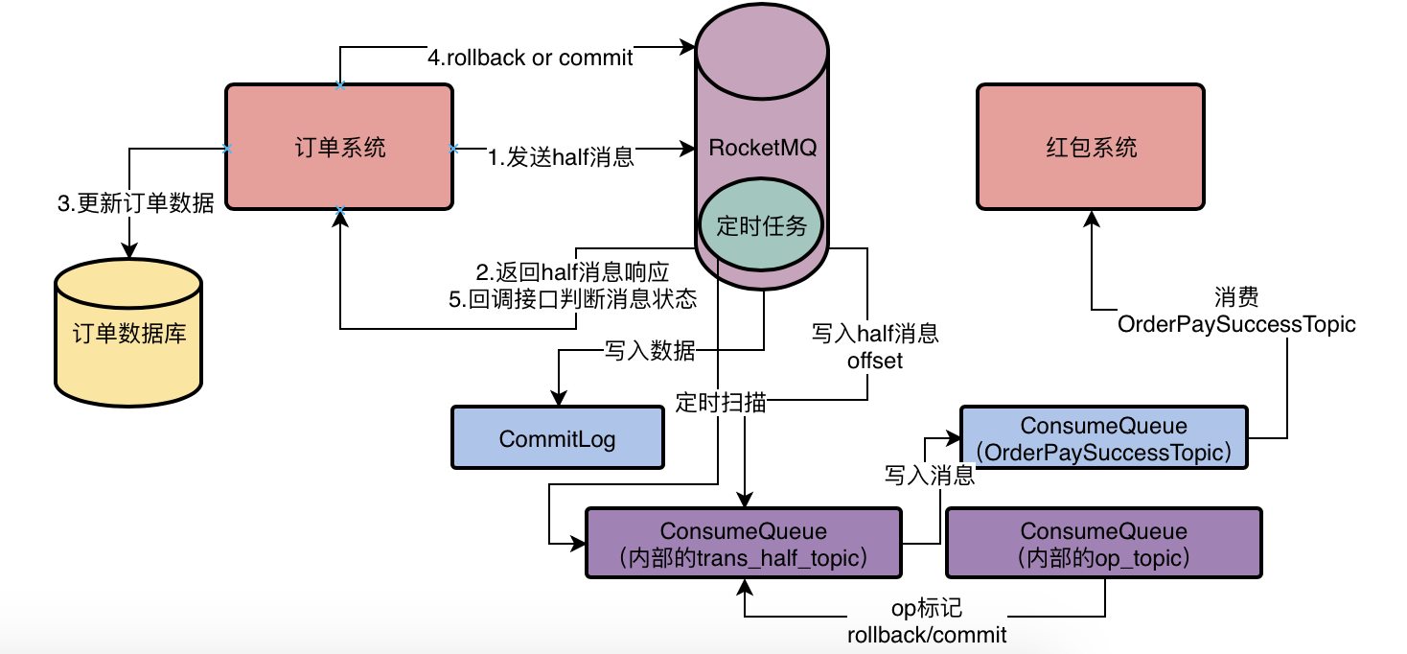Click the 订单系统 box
(338, 147)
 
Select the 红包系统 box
(1090, 147)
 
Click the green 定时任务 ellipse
(762, 226)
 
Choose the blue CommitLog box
(558, 438)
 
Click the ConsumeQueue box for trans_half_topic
(743, 544)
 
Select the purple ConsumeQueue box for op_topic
(1103, 544)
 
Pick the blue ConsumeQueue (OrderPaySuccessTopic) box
(1103, 437)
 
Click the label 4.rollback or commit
(530, 58)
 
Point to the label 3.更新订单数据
(135, 203)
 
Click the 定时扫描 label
(721, 402)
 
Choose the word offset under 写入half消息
(874, 361)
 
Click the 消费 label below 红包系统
(1235, 295)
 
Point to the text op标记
(926, 609)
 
